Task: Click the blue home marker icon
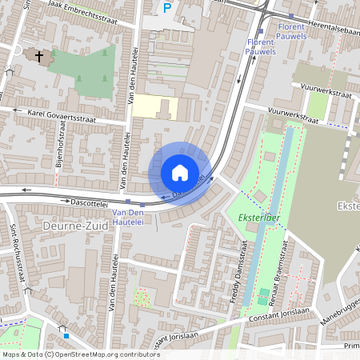(179, 172)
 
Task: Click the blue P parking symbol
(167, 8)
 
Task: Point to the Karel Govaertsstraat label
(61, 115)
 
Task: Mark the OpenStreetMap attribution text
(81, 354)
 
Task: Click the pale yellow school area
(154, 107)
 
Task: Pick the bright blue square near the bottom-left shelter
(66, 336)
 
